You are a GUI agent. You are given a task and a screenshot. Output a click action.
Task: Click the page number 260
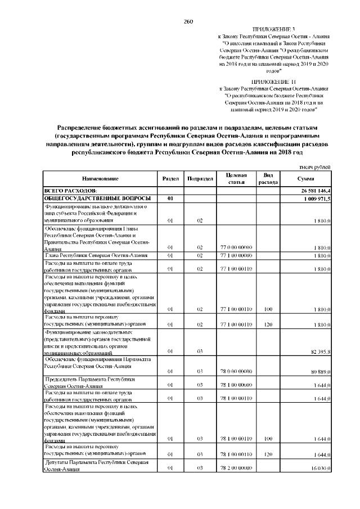pyautogui.click(x=188, y=21)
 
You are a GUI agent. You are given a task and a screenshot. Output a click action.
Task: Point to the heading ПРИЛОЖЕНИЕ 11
pyautogui.click(x=273, y=82)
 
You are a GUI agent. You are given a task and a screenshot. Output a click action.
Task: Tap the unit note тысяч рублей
pyautogui.click(x=315, y=168)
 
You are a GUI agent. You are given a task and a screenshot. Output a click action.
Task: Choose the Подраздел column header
pyautogui.click(x=200, y=178)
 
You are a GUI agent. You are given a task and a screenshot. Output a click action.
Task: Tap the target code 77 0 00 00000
pyautogui.click(x=235, y=247)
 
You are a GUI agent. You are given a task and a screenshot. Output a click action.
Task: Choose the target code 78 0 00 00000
pyautogui.click(x=235, y=372)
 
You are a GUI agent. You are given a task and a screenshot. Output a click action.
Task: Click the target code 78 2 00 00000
pyautogui.click(x=235, y=468)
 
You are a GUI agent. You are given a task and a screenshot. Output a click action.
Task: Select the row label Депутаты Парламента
pyautogui.click(x=96, y=465)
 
